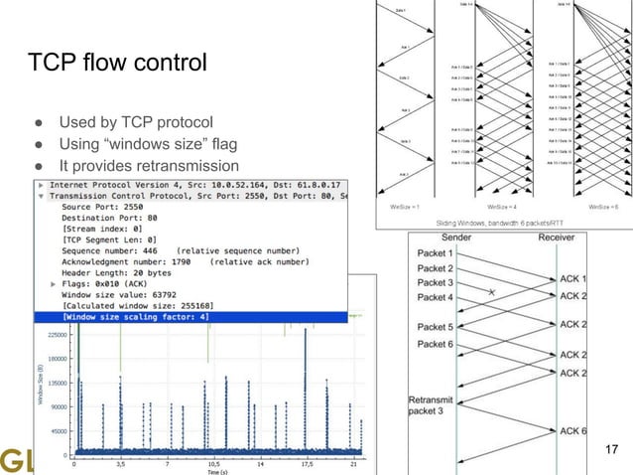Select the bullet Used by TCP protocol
coord(131,122)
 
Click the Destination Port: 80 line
coord(110,218)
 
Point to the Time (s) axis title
coord(215,472)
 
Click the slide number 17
coord(610,453)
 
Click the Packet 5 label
coord(435,327)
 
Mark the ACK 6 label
coord(573,429)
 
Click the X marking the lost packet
coord(490,292)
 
